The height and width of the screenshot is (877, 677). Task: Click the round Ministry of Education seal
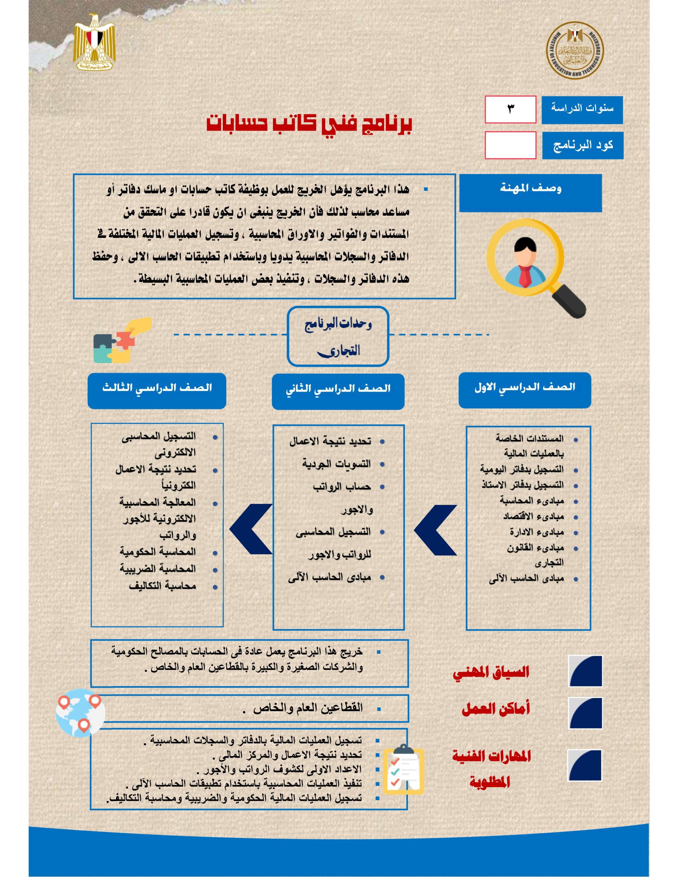pyautogui.click(x=575, y=51)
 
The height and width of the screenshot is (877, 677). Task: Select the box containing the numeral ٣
pyautogui.click(x=510, y=109)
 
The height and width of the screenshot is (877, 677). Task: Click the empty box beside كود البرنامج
pyautogui.click(x=510, y=145)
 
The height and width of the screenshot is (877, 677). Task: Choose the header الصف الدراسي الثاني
pyautogui.click(x=338, y=391)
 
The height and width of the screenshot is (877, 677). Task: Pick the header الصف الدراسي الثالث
pyautogui.click(x=156, y=390)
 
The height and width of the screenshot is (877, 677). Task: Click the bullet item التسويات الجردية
pyautogui.click(x=336, y=464)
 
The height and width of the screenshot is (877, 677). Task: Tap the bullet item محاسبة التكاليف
pyautogui.click(x=163, y=586)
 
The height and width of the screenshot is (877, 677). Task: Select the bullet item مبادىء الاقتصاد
pyautogui.click(x=533, y=516)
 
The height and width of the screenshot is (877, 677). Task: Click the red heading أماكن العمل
pyautogui.click(x=496, y=708)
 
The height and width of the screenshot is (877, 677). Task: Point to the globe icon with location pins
pyautogui.click(x=81, y=713)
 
